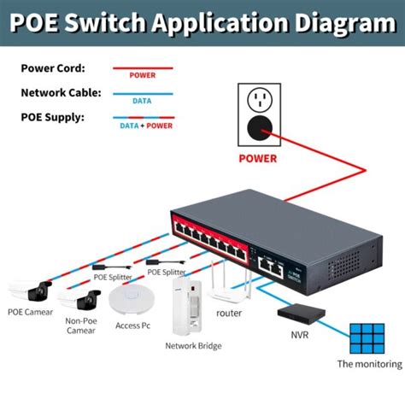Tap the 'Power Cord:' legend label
point(54,68)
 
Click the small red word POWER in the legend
point(142,75)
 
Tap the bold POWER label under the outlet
point(258,157)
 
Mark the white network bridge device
point(194,308)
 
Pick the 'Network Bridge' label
point(193,346)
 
